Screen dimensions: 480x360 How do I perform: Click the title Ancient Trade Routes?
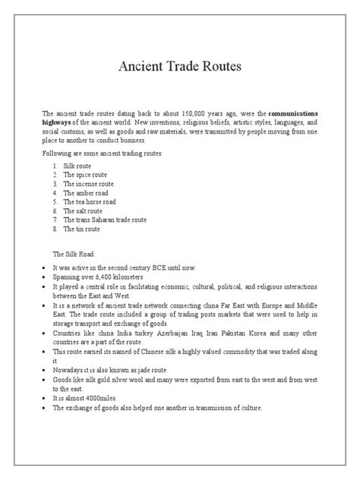pos(180,66)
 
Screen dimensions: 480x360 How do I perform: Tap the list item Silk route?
pos(77,164)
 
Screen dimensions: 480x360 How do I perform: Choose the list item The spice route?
pos(86,174)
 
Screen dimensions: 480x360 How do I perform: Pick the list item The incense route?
pos(89,183)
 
